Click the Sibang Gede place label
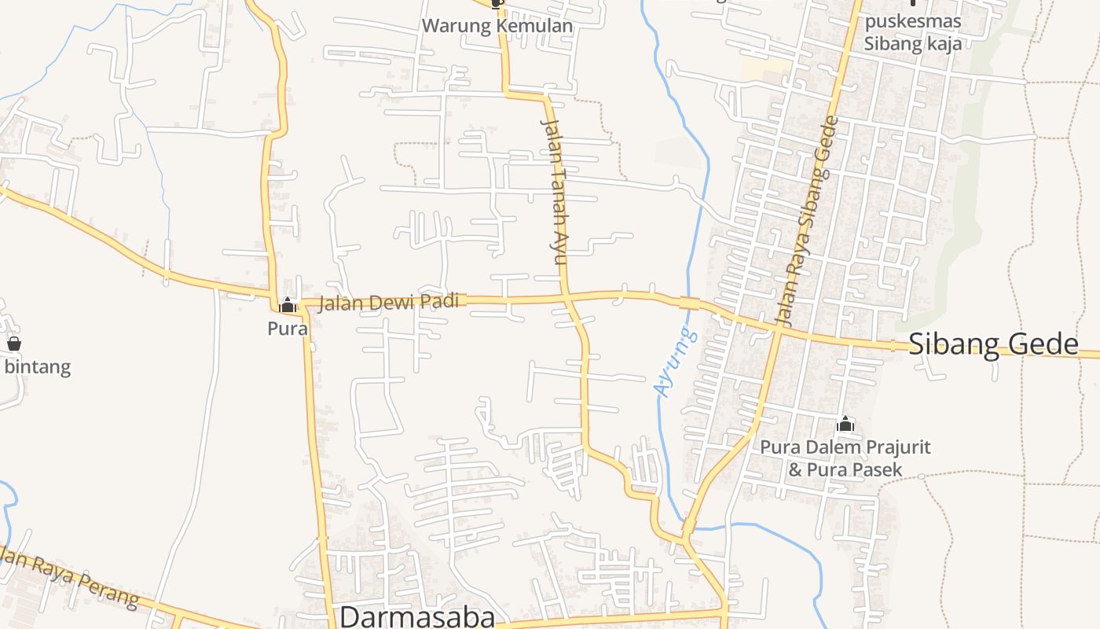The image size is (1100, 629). click(993, 344)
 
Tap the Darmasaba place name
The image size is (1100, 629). click(417, 616)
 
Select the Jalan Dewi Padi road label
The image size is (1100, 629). click(388, 302)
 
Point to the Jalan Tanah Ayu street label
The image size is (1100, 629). click(555, 192)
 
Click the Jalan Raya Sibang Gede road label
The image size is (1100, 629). click(808, 222)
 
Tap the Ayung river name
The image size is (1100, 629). click(675, 362)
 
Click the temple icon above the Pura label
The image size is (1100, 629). click(288, 305)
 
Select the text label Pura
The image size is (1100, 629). click(288, 328)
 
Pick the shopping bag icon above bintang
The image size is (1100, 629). click(14, 344)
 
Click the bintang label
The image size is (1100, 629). click(38, 366)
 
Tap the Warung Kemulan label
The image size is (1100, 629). click(497, 26)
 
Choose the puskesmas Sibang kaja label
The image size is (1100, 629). click(912, 32)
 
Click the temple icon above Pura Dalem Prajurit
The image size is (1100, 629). click(845, 425)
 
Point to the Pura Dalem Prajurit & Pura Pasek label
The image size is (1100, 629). click(845, 458)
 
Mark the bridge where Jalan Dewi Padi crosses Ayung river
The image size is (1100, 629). click(689, 303)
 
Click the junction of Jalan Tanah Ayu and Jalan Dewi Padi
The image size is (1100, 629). click(566, 298)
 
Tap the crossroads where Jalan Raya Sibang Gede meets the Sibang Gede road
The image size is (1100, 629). click(777, 331)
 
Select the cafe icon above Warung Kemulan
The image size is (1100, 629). click(496, 4)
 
